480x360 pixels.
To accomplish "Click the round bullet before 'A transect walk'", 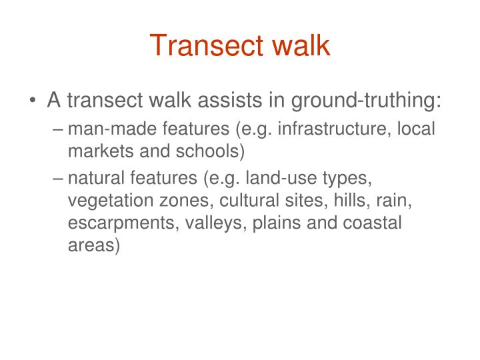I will point(33,101).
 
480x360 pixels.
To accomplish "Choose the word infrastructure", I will point(333,128).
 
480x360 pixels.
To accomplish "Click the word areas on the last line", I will point(93,246).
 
